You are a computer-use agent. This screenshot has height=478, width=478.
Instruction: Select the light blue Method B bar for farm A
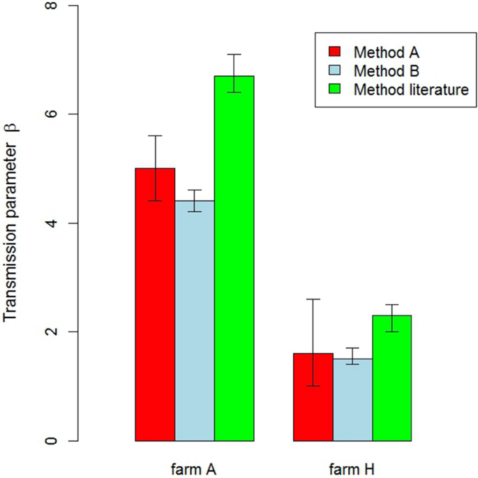195,321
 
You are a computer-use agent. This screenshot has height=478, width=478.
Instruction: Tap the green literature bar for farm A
234,258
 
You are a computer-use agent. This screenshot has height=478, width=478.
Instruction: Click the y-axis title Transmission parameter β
12,223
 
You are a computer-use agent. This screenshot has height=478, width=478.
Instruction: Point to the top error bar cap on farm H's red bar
313,299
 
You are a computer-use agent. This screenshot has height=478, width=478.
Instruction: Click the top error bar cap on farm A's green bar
234,54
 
